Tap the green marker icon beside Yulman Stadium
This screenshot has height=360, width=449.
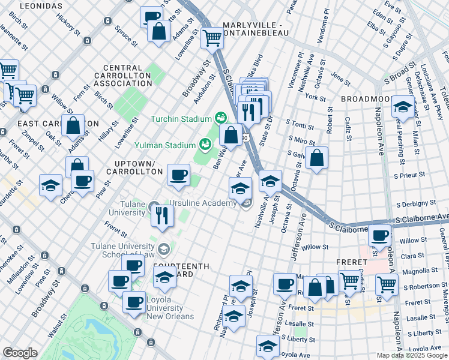[x=205, y=145]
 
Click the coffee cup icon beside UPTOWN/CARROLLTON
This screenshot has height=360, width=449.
[x=178, y=175]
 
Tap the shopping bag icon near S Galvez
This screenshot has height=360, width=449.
[x=317, y=158]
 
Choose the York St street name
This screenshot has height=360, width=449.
[x=315, y=97]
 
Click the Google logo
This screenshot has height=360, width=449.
[x=20, y=353]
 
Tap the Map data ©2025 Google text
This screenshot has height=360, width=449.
[x=411, y=355]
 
